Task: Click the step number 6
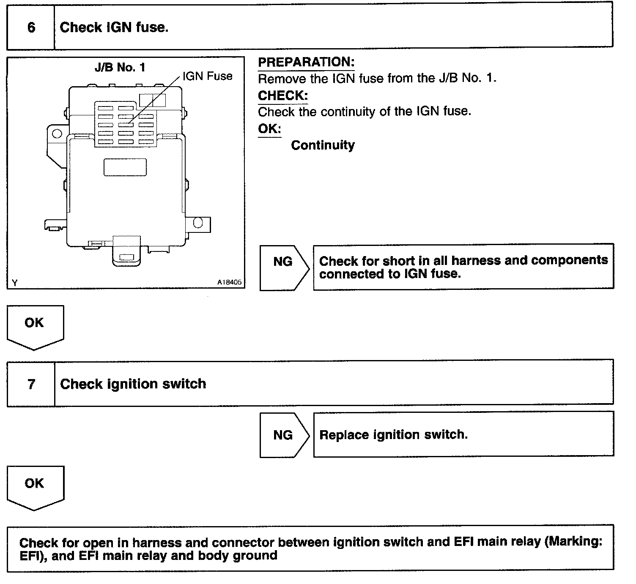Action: pyautogui.click(x=31, y=27)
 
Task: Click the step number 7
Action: pyautogui.click(x=31, y=384)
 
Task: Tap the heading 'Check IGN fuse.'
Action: pyautogui.click(x=114, y=27)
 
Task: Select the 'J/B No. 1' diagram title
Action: pyautogui.click(x=120, y=67)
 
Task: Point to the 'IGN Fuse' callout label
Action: pyautogui.click(x=208, y=76)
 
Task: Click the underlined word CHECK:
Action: pyautogui.click(x=282, y=96)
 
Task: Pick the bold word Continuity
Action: pyautogui.click(x=323, y=145)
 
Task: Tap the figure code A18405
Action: pyautogui.click(x=230, y=282)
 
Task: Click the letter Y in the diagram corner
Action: pyautogui.click(x=15, y=283)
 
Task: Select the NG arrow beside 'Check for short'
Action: pyautogui.click(x=283, y=262)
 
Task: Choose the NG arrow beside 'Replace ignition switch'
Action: pyautogui.click(x=283, y=435)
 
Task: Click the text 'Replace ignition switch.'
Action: pyautogui.click(x=393, y=435)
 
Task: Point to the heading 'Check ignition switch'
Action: pyautogui.click(x=133, y=384)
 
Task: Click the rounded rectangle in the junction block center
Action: pyautogui.click(x=125, y=167)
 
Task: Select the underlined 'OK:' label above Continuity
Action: pyautogui.click(x=269, y=128)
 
